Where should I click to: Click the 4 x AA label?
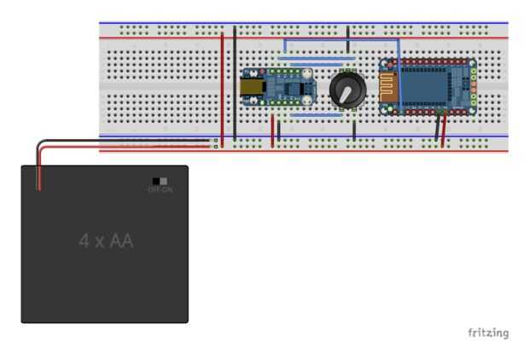106,241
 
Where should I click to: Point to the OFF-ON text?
160,189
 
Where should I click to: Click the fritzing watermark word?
487,332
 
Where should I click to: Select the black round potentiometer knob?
345,89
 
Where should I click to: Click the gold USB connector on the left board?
251,87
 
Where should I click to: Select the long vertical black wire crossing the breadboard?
235,85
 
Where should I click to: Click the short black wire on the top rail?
348,32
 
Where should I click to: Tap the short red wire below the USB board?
273,130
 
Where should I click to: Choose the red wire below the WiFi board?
444,130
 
